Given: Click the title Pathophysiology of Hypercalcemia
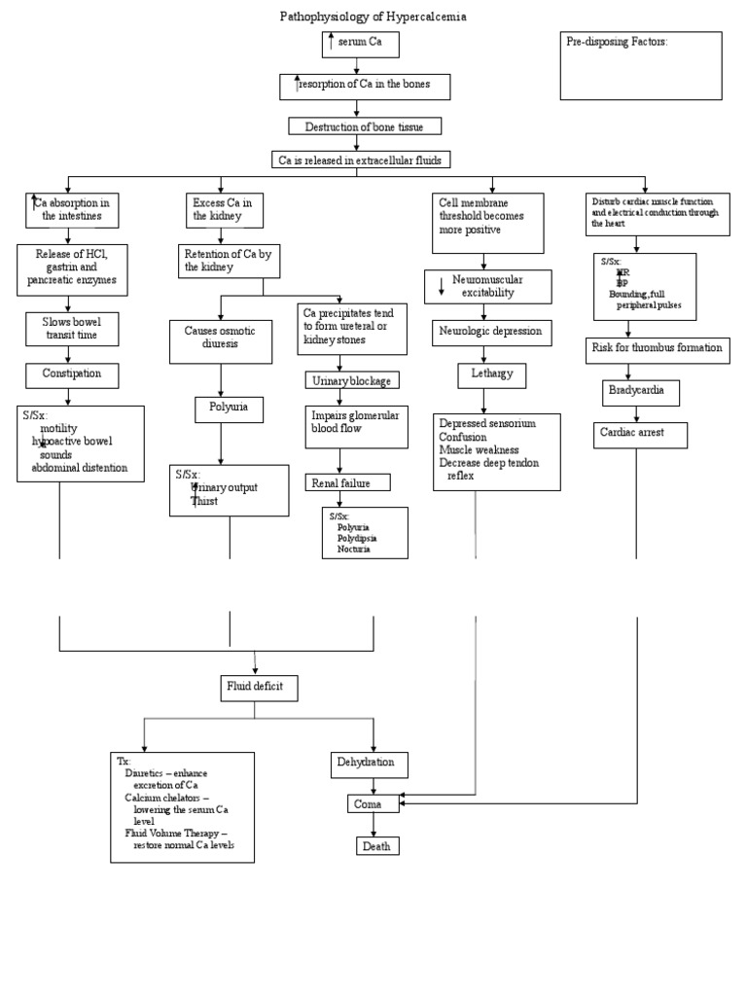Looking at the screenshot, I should [x=366, y=17].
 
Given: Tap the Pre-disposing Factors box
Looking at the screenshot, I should [x=641, y=65].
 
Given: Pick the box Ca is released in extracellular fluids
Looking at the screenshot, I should [x=361, y=160].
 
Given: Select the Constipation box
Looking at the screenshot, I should [x=72, y=373].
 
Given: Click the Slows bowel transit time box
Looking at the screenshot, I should [x=72, y=329].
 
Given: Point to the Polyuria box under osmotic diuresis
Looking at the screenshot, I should [x=229, y=409].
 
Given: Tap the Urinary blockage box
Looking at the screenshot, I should [x=352, y=380].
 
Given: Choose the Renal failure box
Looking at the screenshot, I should [x=348, y=482].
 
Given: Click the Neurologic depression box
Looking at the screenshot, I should [x=493, y=333].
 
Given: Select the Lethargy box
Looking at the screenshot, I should [x=492, y=375].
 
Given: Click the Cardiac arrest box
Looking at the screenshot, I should [x=640, y=434].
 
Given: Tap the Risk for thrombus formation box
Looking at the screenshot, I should [x=657, y=348].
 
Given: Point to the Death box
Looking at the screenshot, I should [x=376, y=846].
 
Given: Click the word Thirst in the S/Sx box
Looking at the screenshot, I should [x=204, y=502].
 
